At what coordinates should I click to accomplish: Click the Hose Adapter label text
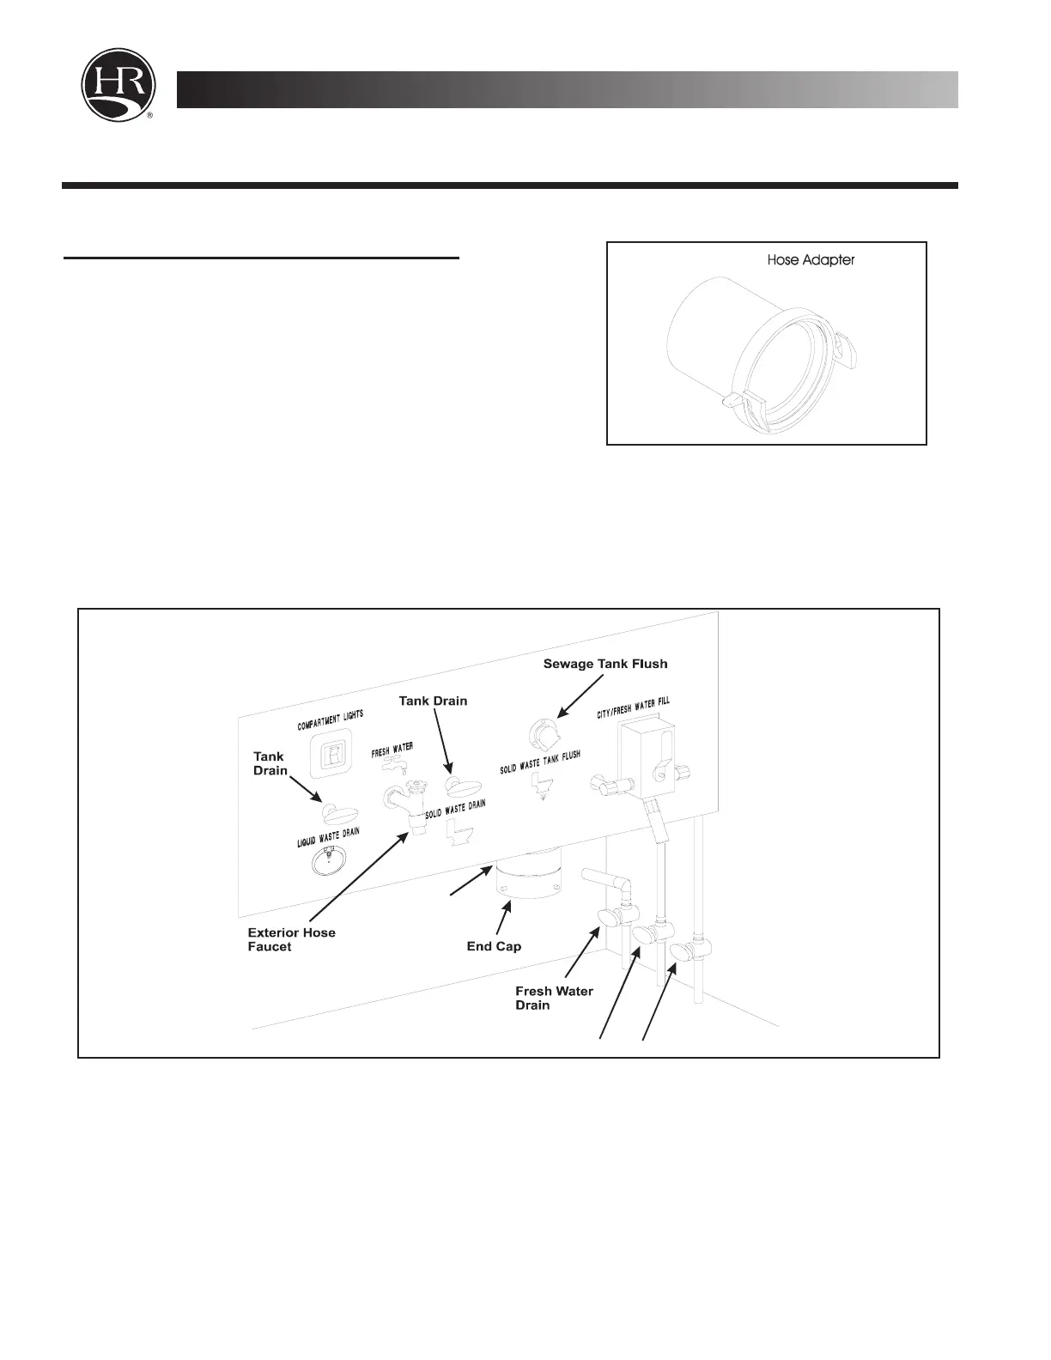(811, 259)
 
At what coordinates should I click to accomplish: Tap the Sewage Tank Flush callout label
(605, 664)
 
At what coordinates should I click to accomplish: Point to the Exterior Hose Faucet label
(291, 939)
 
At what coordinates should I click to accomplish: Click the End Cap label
(494, 946)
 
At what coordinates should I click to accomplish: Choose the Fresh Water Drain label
(554, 998)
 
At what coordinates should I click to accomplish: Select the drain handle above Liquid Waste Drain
(336, 812)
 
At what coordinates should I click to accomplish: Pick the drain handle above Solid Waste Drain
(463, 786)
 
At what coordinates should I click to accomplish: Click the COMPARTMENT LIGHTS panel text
(331, 720)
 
